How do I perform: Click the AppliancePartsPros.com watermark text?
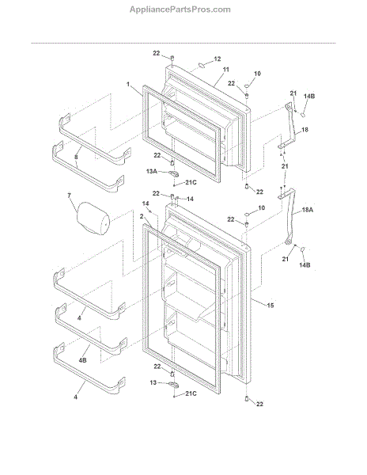(180, 9)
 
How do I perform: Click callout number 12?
(218, 59)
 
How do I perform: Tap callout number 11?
(226, 70)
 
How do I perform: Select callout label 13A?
(152, 172)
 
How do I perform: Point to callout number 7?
(70, 196)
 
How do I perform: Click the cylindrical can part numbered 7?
(93, 218)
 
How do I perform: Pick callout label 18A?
(308, 210)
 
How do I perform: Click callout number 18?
(305, 130)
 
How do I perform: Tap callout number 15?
(271, 306)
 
